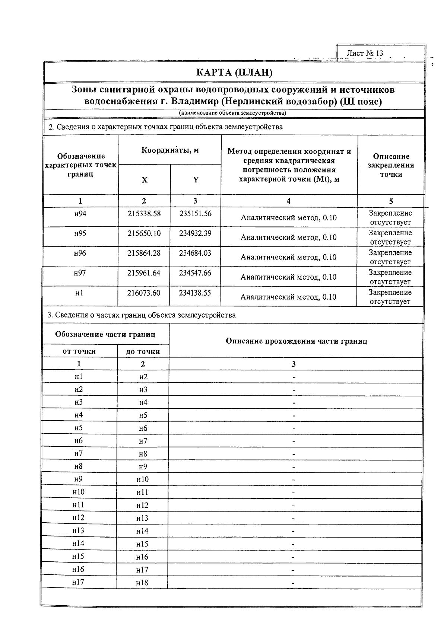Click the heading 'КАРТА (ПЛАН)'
pyautogui.click(x=234, y=72)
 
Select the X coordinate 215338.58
pyautogui.click(x=144, y=214)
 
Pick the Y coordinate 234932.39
pyautogui.click(x=195, y=233)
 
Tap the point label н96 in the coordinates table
pyautogui.click(x=80, y=253)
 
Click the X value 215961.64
pyautogui.click(x=144, y=273)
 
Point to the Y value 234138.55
pyautogui.click(x=195, y=293)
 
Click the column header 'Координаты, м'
pyautogui.click(x=170, y=150)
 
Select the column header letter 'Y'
pyautogui.click(x=196, y=180)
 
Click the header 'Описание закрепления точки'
pyautogui.click(x=391, y=165)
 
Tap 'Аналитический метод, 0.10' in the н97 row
pyautogui.click(x=288, y=277)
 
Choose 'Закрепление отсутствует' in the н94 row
pyautogui.click(x=390, y=218)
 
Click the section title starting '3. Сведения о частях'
pyautogui.click(x=142, y=315)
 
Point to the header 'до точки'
pyautogui.click(x=143, y=351)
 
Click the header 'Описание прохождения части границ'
pyautogui.click(x=296, y=341)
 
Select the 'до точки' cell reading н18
pyautogui.click(x=142, y=583)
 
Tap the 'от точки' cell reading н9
pyautogui.click(x=78, y=479)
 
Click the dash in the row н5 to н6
pyautogui.click(x=294, y=428)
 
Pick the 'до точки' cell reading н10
pyautogui.click(x=142, y=479)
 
